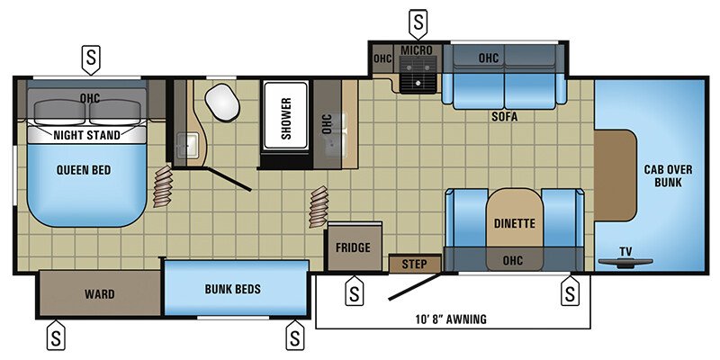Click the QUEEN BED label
click(84, 170)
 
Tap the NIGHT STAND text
click(86, 135)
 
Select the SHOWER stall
click(285, 115)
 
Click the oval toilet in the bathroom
click(222, 103)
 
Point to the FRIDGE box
click(354, 247)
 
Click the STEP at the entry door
click(415, 264)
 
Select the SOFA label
click(504, 117)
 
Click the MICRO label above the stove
click(417, 49)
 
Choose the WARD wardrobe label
click(100, 294)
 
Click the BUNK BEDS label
click(233, 289)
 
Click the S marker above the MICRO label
click(418, 23)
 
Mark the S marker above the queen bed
click(91, 58)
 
